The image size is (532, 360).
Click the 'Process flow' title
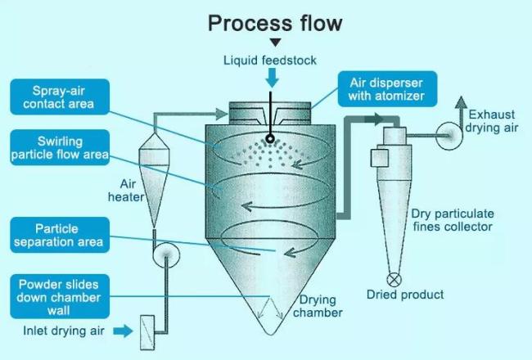pyautogui.click(x=275, y=24)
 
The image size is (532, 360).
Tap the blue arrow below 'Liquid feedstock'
pyautogui.click(x=272, y=78)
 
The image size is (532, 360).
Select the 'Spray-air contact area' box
pyautogui.click(x=60, y=97)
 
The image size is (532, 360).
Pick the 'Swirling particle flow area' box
pyautogui.click(x=60, y=147)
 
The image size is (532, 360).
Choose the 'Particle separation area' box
pyautogui.click(x=60, y=235)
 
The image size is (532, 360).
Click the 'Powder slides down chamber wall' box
pyautogui.click(x=60, y=297)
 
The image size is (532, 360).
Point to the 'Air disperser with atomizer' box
pyautogui.click(x=387, y=89)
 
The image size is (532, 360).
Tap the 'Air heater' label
pyautogui.click(x=126, y=191)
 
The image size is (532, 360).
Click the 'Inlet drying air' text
pyautogui.click(x=64, y=331)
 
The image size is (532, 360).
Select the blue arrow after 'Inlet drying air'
pyautogui.click(x=123, y=331)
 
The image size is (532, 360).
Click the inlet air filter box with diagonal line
pyautogui.click(x=147, y=332)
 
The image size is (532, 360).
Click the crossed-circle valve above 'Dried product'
pyautogui.click(x=394, y=280)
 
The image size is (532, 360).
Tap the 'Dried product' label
pyautogui.click(x=405, y=295)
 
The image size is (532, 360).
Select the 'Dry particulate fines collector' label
pyautogui.click(x=453, y=220)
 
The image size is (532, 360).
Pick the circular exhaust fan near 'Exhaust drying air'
pyautogui.click(x=449, y=136)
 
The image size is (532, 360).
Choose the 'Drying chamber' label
pyautogui.click(x=318, y=306)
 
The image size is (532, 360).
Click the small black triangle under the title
pyautogui.click(x=276, y=42)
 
